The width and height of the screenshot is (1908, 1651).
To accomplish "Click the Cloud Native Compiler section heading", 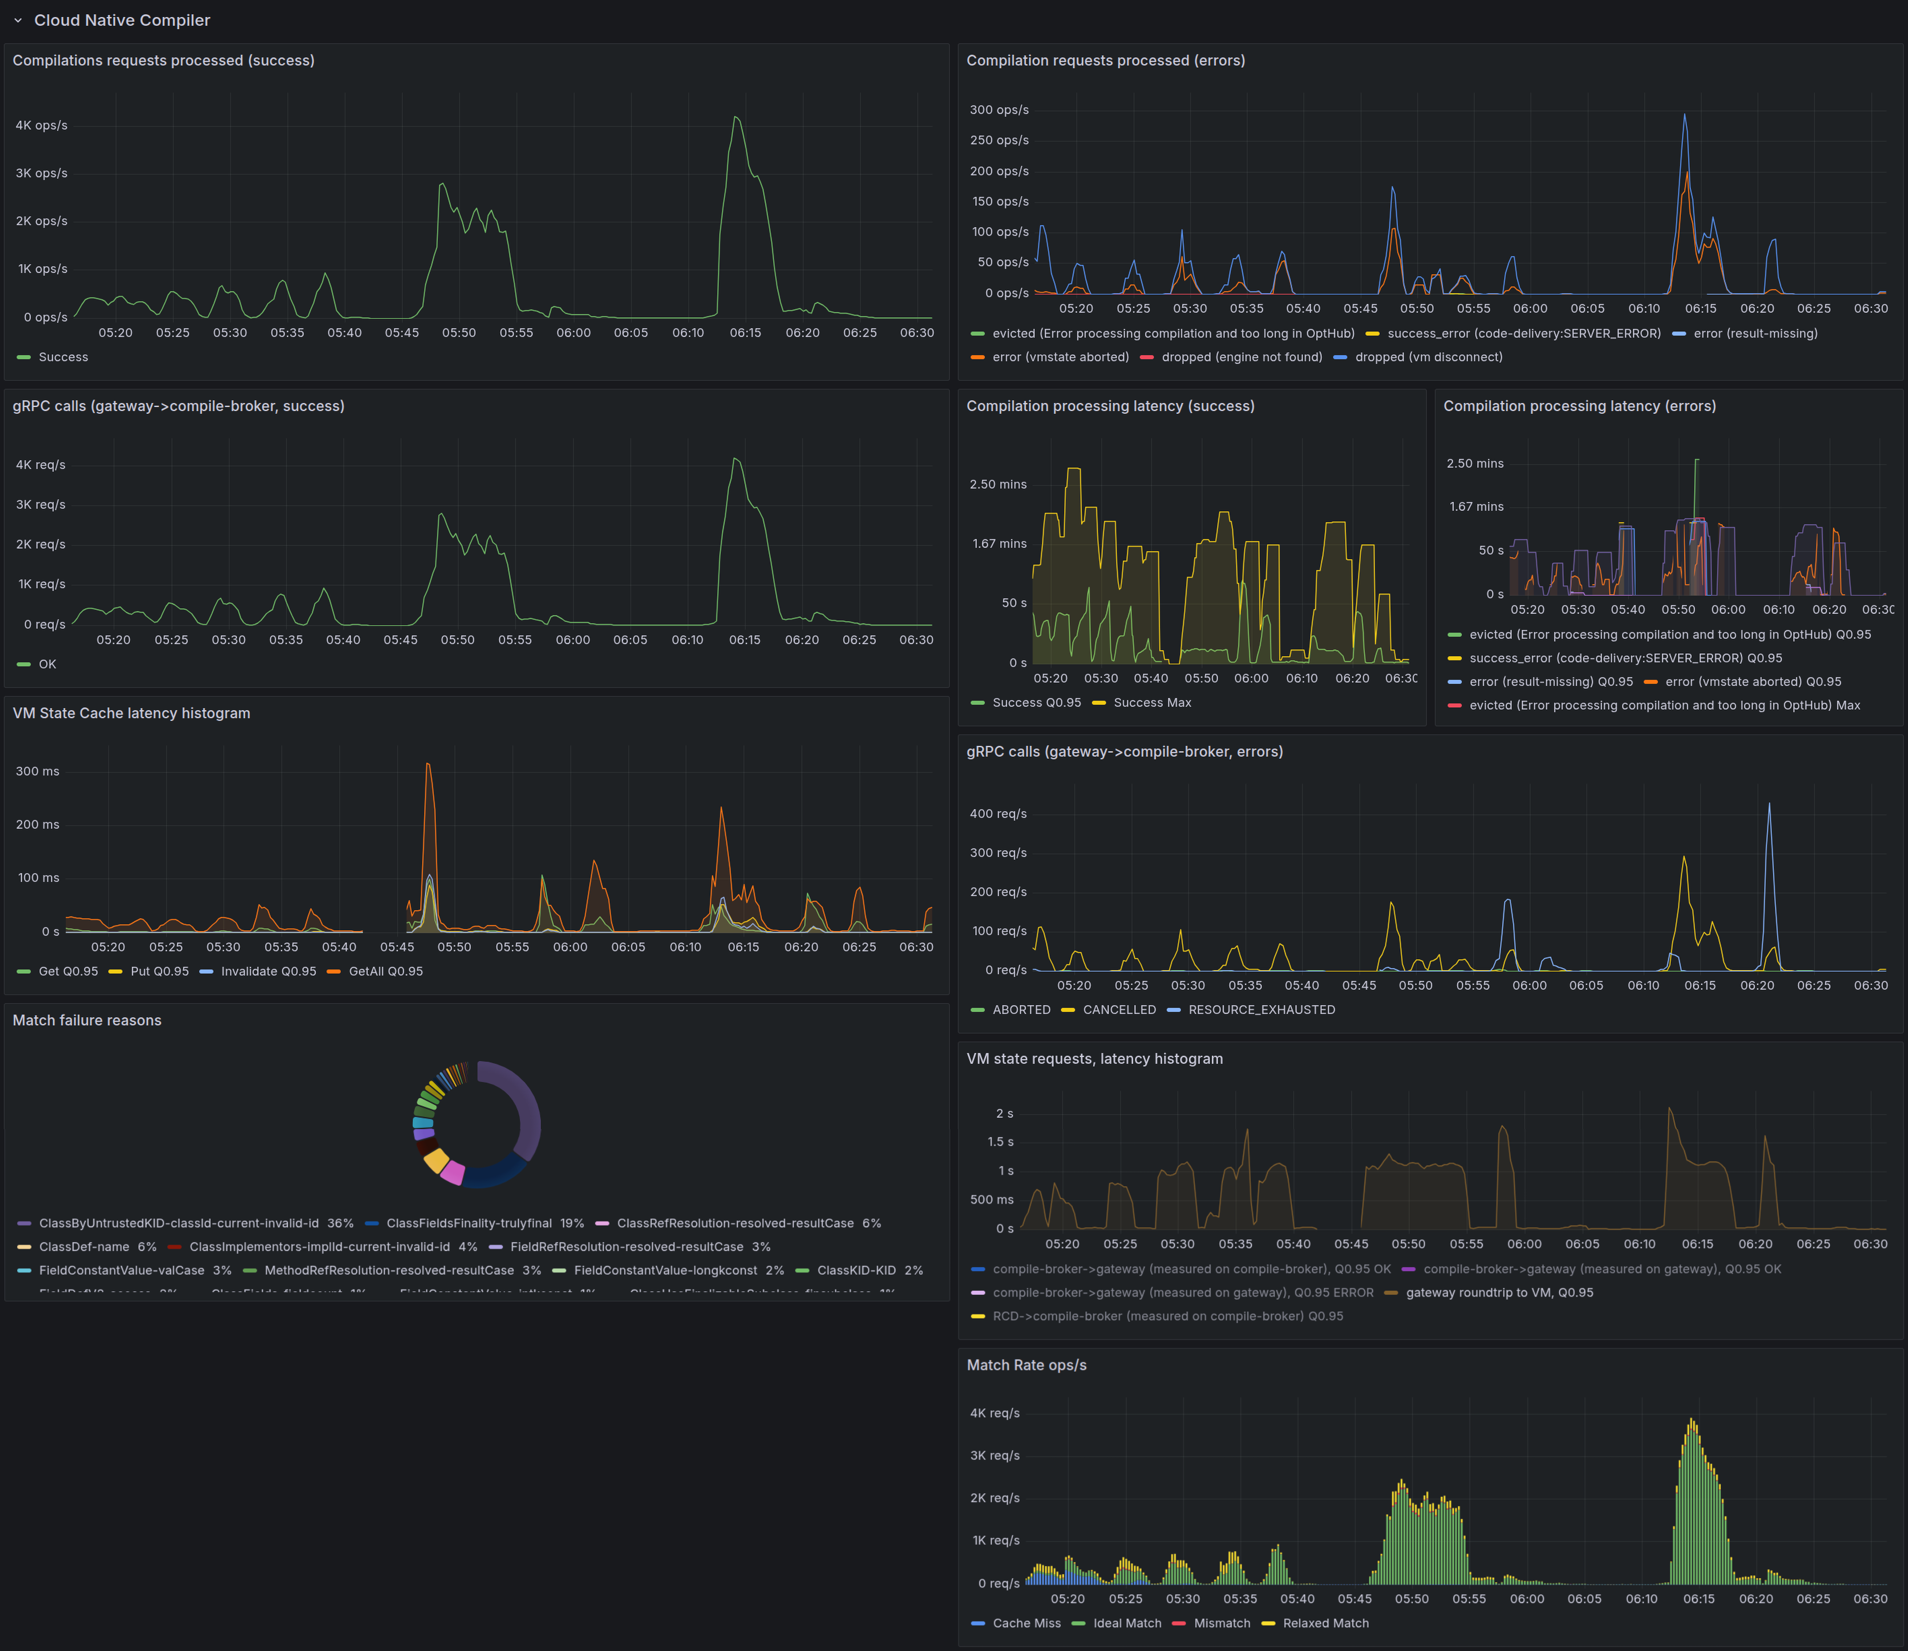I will tap(122, 20).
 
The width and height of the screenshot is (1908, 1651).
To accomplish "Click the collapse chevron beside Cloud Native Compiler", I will tap(18, 20).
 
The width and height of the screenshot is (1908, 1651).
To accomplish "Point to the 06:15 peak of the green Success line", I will tap(735, 118).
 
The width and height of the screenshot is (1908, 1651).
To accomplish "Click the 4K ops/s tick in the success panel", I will tap(41, 125).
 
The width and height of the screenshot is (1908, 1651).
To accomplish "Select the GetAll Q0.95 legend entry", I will tap(385, 971).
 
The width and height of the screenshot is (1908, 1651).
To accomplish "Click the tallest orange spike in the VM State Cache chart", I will tap(427, 765).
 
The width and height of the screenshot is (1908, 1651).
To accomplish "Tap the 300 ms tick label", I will tap(38, 771).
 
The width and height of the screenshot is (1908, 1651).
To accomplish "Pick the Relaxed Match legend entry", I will tap(1325, 1623).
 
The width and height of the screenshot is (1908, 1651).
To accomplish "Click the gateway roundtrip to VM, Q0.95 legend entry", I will tap(1499, 1293).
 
